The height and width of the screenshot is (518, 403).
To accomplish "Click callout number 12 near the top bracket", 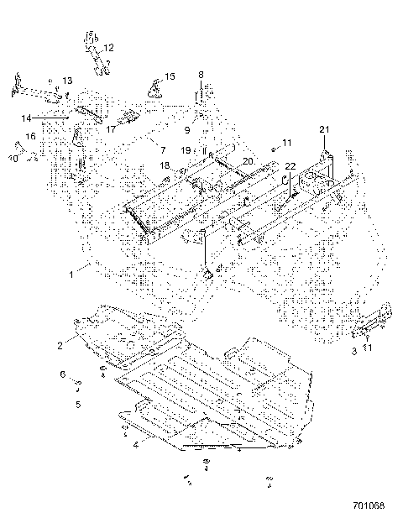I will [109, 48].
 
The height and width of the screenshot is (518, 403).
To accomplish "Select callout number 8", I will [201, 75].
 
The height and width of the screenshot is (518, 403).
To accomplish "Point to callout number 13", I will [68, 81].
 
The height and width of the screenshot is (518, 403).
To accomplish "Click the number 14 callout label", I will [27, 118].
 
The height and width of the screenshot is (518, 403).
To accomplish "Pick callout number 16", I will [30, 135].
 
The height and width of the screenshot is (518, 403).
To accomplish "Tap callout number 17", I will [111, 129].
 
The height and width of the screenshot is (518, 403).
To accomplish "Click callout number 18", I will [166, 166].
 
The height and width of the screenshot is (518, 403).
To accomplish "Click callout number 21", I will [324, 128].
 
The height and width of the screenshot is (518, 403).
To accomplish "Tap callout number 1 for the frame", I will [73, 273].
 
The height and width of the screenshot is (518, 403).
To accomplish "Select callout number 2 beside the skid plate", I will [60, 345].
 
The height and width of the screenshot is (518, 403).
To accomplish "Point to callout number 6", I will [61, 374].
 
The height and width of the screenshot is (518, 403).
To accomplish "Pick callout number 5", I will [77, 404].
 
